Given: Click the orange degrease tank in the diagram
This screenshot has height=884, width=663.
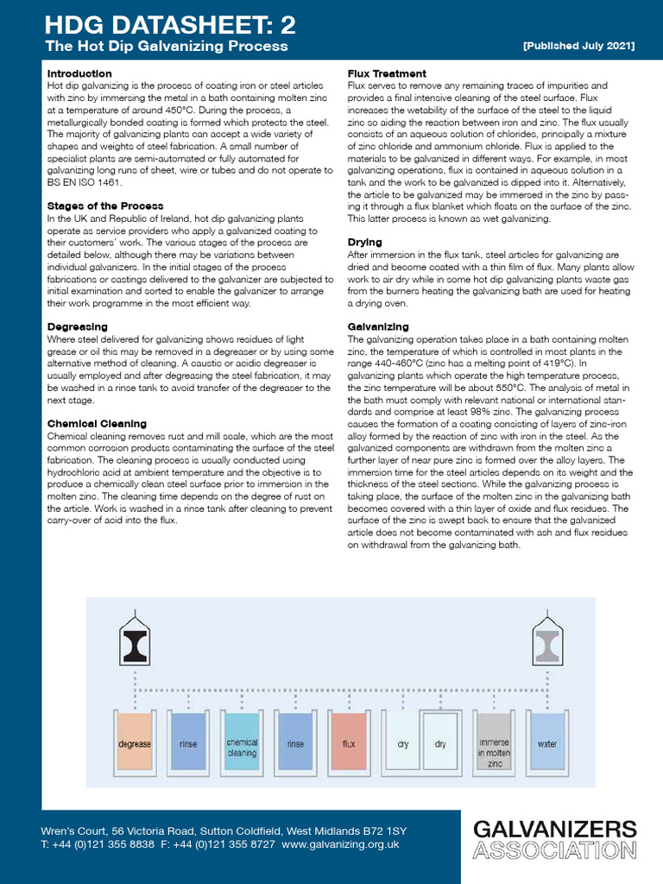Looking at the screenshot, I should pyautogui.click(x=135, y=742).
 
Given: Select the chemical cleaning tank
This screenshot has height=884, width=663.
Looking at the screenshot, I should pyautogui.click(x=242, y=743).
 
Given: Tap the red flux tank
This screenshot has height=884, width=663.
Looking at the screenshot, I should pyautogui.click(x=349, y=742).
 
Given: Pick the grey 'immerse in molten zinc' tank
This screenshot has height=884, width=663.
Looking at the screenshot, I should pyautogui.click(x=494, y=742).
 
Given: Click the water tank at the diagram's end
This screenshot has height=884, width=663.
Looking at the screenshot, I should pyautogui.click(x=547, y=742).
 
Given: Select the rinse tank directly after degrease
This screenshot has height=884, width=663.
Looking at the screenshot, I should pyautogui.click(x=188, y=742).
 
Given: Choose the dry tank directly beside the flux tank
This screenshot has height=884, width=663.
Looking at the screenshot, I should pyautogui.click(x=402, y=742).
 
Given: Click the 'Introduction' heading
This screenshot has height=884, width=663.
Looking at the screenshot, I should pyautogui.click(x=79, y=73).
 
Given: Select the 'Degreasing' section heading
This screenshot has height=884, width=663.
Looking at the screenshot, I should pyautogui.click(x=77, y=327).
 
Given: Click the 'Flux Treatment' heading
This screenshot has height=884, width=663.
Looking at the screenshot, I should pyautogui.click(x=387, y=73).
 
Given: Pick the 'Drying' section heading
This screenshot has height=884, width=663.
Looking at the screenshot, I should pyautogui.click(x=364, y=243).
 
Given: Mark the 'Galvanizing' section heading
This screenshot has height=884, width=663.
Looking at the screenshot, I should pyautogui.click(x=378, y=327).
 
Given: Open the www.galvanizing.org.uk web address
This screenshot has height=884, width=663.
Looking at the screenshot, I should pyautogui.click(x=340, y=844).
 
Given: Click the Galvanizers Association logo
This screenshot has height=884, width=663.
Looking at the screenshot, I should pyautogui.click(x=555, y=839).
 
